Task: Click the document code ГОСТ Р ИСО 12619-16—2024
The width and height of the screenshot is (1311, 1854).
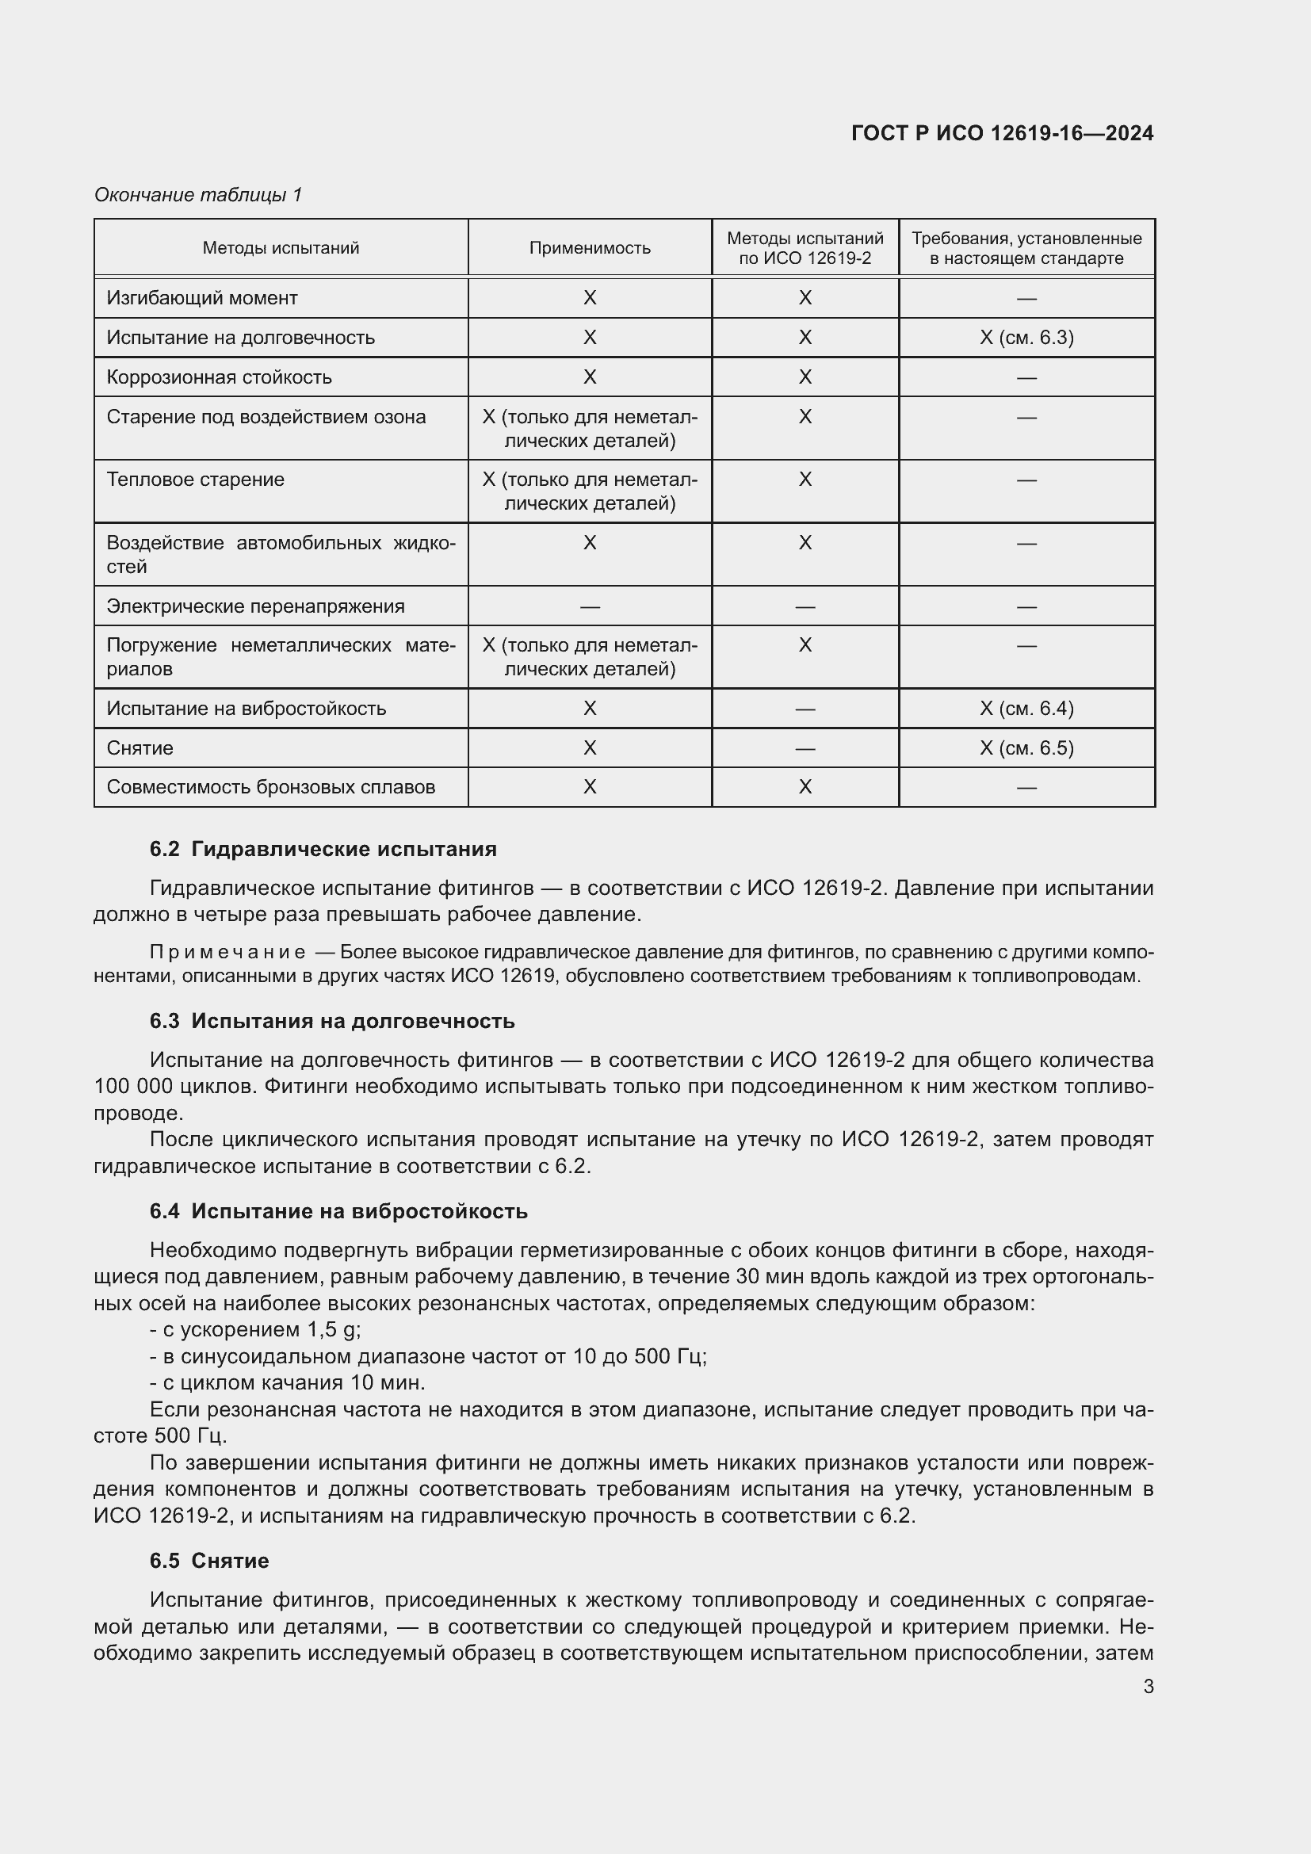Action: tap(1002, 133)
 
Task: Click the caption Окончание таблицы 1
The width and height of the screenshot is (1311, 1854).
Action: tap(198, 195)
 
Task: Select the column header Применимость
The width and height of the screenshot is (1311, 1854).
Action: tap(589, 248)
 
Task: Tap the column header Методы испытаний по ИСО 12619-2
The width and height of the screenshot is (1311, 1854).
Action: tap(805, 248)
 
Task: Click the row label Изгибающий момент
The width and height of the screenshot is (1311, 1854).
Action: tap(202, 298)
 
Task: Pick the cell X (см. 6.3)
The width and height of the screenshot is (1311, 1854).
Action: tap(1026, 338)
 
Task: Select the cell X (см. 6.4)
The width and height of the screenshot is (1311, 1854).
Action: tap(1026, 708)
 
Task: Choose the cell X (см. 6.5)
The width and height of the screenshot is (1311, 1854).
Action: tap(1026, 747)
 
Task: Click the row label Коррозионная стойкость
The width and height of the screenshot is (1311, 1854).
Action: tap(219, 377)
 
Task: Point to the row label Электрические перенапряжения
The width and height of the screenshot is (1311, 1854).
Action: tap(255, 606)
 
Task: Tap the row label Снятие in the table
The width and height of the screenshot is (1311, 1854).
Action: tap(140, 747)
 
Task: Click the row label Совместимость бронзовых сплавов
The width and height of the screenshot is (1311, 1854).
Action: tap(270, 786)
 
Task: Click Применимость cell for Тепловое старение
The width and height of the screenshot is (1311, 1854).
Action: tap(589, 491)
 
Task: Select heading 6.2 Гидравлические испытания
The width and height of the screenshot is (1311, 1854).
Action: tap(323, 849)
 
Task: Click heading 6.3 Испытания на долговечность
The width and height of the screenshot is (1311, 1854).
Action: tap(332, 1021)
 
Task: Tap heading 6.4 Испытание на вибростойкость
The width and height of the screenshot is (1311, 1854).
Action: tap(338, 1211)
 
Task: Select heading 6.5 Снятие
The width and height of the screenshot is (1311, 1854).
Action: tap(209, 1561)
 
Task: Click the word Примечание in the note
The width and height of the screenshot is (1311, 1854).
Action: tap(227, 952)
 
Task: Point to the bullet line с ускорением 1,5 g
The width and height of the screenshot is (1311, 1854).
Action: tap(256, 1329)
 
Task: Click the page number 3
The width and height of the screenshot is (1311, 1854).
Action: tap(1148, 1687)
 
